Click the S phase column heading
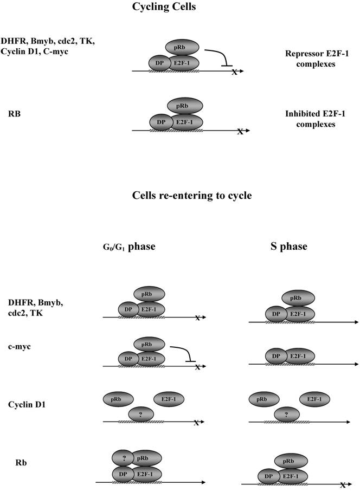pos(288,246)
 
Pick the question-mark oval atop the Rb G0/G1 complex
pos(125,458)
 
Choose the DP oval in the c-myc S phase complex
pos(277,357)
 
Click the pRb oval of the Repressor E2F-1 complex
pos(181,47)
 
